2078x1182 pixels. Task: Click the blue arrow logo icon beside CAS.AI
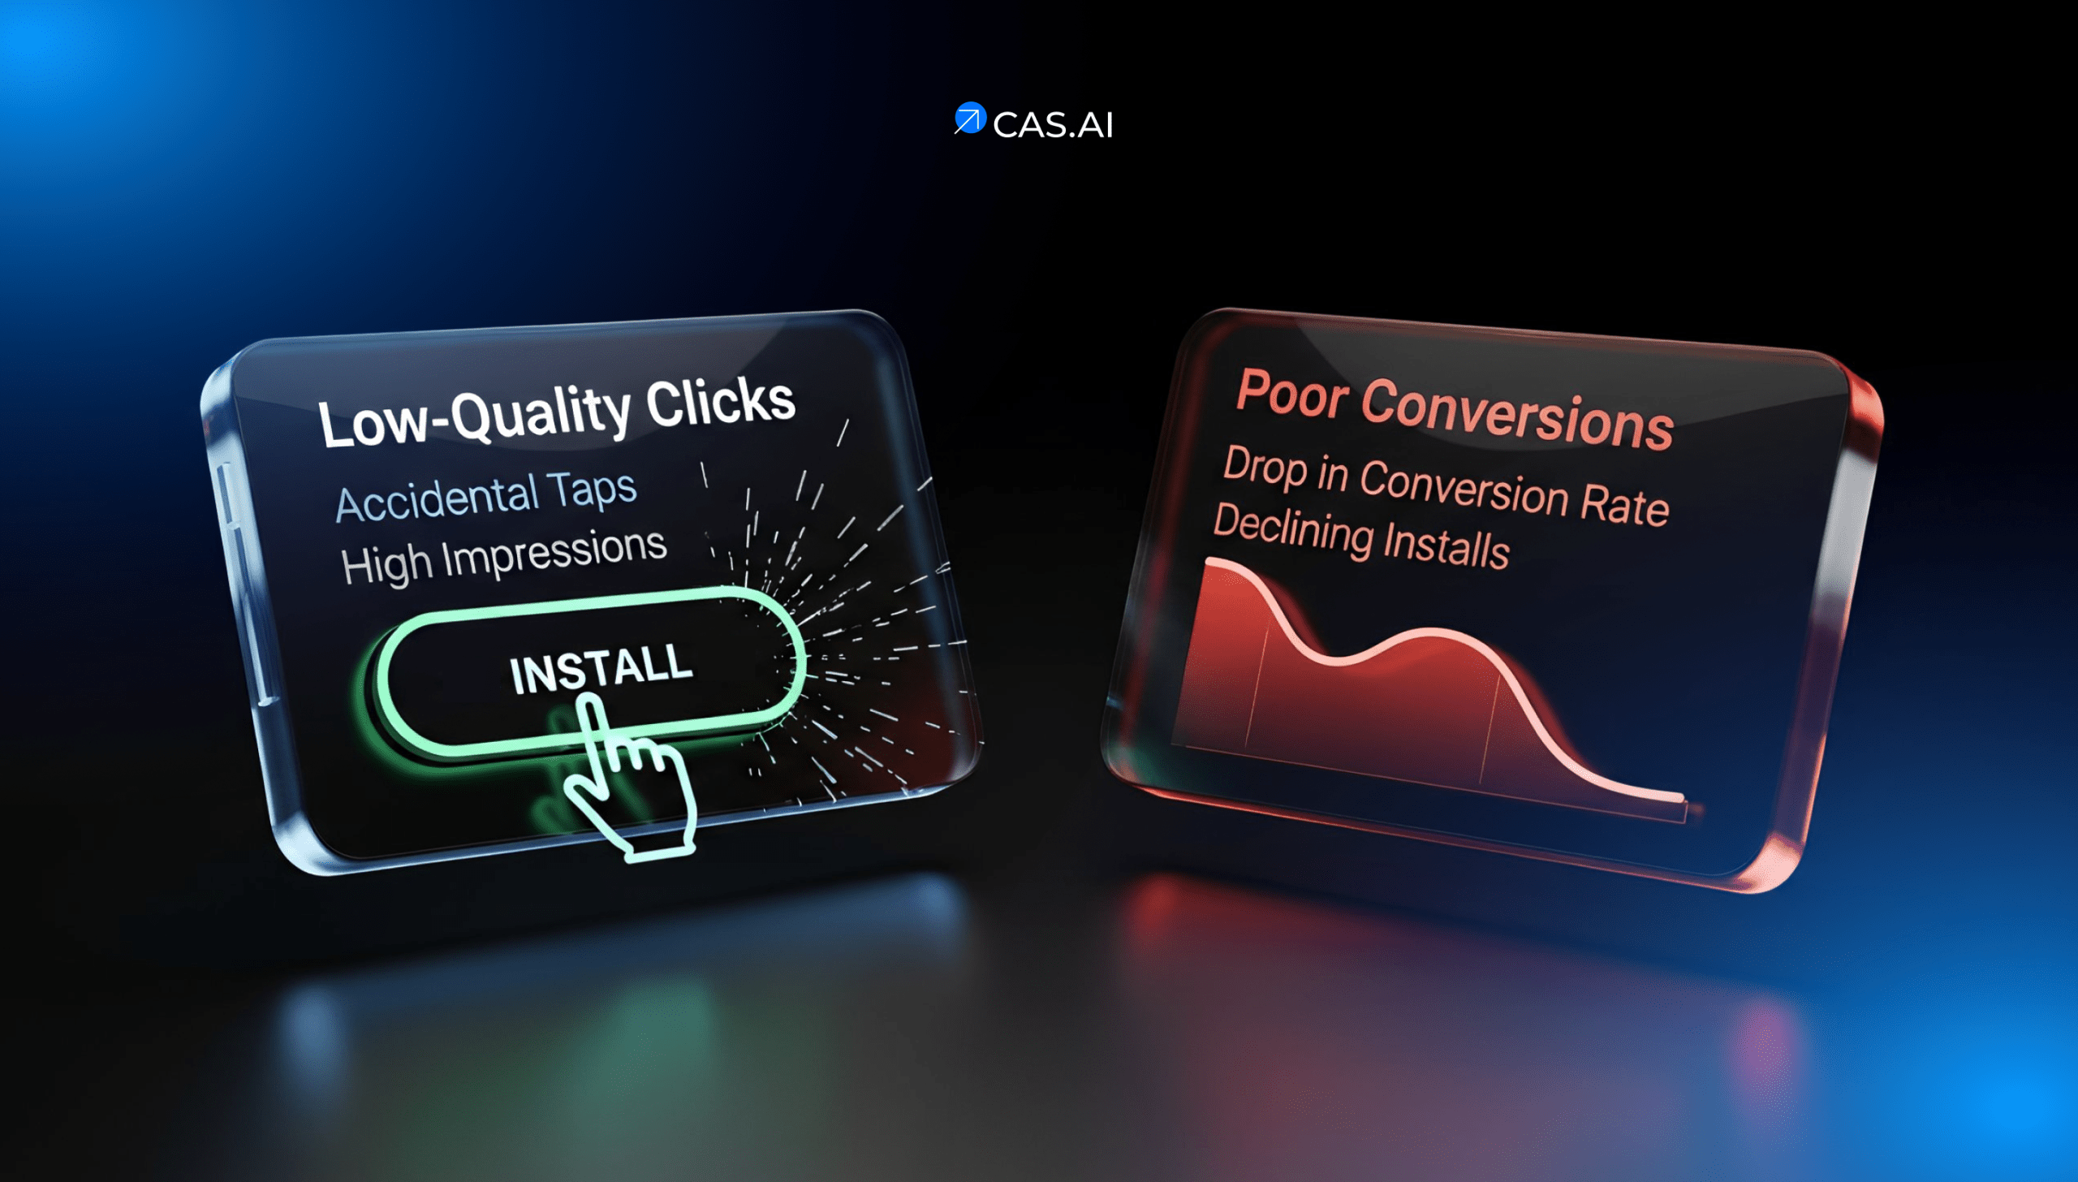click(969, 119)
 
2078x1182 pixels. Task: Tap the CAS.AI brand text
click(1053, 125)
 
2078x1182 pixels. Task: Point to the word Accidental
click(437, 499)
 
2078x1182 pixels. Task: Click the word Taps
click(593, 490)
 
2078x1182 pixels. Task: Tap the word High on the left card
click(386, 564)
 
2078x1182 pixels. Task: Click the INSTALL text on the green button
click(601, 669)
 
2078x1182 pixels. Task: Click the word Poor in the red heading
click(1292, 395)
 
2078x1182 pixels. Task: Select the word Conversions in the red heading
click(1517, 413)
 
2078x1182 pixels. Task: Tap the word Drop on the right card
click(1265, 467)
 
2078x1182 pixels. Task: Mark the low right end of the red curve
click(1679, 797)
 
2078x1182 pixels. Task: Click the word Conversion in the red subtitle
click(1464, 486)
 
